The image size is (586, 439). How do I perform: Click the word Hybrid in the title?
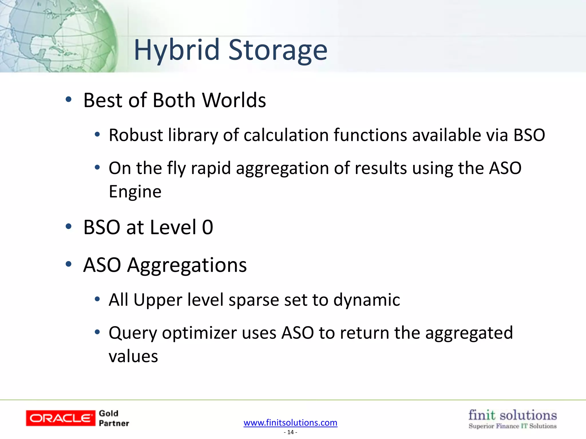pos(177,51)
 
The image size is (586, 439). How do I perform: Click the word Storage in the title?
pos(278,51)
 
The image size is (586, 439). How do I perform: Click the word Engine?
pos(135,191)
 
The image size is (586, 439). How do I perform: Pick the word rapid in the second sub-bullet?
pos(211,168)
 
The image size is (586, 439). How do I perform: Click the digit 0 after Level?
pos(207,228)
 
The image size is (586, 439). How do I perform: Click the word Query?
pos(133,333)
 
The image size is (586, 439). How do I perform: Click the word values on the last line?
pos(133,356)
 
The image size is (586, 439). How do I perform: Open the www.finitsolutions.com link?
pos(290,422)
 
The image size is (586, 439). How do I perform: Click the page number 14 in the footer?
pos(290,432)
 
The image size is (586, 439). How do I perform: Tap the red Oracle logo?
pos(60,418)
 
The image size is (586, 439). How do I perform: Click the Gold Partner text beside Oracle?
pos(114,418)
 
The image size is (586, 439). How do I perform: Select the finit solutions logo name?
pos(512,415)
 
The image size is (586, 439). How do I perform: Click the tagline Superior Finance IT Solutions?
pos(512,426)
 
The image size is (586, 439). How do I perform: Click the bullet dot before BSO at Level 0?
pos(68,227)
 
